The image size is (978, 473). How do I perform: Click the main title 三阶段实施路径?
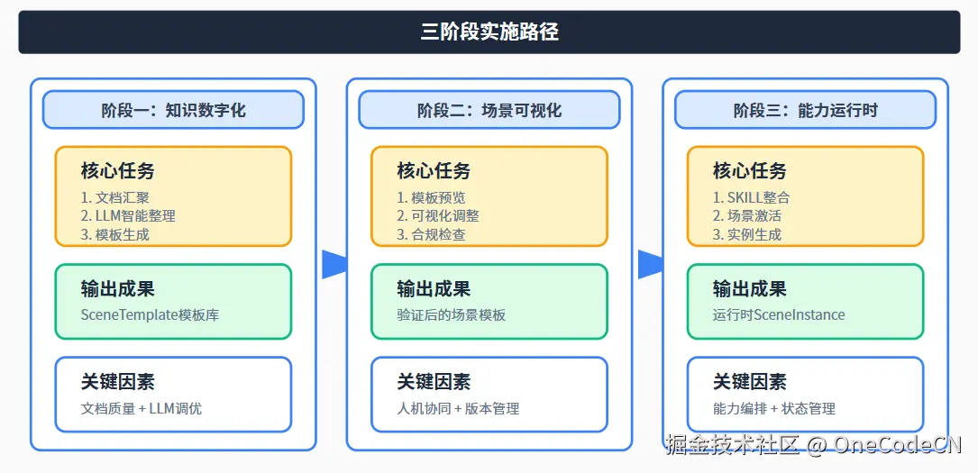tap(489, 32)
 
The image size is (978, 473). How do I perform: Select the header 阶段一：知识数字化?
tap(173, 110)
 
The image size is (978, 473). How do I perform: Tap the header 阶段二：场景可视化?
tap(489, 110)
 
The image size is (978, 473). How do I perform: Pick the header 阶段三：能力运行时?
tap(805, 110)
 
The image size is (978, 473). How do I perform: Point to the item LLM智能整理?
tap(128, 215)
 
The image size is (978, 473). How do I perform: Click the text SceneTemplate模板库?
tap(150, 315)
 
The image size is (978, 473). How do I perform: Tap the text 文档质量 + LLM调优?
tap(142, 408)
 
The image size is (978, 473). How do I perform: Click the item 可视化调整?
tap(438, 215)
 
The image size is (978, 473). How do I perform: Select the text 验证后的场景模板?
tap(451, 315)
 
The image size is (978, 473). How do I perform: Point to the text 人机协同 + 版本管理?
tap(458, 408)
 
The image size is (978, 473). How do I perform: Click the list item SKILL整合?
tap(752, 197)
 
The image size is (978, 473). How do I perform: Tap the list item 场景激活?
tap(747, 215)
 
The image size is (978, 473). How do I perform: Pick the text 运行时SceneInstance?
tap(779, 315)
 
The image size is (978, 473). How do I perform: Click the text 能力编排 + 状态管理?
tap(774, 408)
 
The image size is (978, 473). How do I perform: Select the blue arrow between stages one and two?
tap(334, 264)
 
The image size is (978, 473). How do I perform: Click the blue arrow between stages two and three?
tap(650, 264)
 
